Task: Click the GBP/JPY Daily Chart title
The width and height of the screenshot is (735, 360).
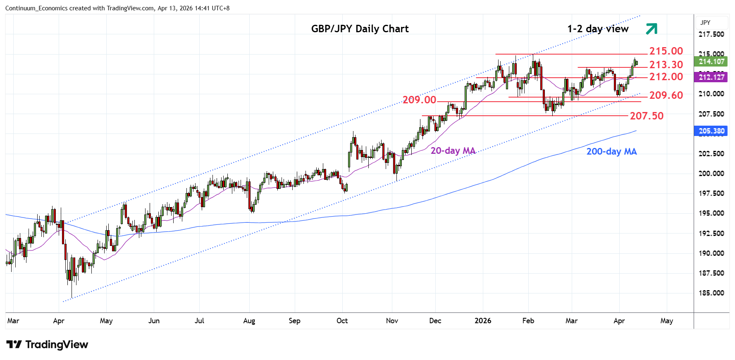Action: (360, 29)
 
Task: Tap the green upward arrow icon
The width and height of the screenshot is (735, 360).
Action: (651, 29)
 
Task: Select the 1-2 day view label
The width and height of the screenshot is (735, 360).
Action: (598, 29)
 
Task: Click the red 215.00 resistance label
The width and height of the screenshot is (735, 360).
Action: (666, 51)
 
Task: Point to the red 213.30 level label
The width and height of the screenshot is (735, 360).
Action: (666, 65)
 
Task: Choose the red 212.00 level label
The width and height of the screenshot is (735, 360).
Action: (666, 77)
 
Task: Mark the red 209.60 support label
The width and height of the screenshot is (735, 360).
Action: (666, 95)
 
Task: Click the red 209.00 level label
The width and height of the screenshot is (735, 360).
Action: (419, 100)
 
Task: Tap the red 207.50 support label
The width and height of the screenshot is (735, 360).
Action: (647, 116)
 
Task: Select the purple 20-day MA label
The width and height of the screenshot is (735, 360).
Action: (453, 151)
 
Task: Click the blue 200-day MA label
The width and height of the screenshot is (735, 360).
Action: (611, 152)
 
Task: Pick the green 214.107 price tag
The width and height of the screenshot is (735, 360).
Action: (711, 62)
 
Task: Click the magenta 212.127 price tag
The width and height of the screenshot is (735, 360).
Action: (711, 77)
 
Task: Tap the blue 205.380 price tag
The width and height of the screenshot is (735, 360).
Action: (711, 131)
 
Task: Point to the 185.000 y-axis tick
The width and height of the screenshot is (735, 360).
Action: (711, 293)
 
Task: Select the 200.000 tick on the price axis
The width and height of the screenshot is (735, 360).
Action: (711, 174)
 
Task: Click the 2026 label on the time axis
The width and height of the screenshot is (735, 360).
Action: (483, 321)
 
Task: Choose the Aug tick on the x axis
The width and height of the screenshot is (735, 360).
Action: (249, 321)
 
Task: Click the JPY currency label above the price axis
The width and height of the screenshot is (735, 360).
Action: (705, 23)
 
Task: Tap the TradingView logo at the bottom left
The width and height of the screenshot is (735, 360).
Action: (47, 344)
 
